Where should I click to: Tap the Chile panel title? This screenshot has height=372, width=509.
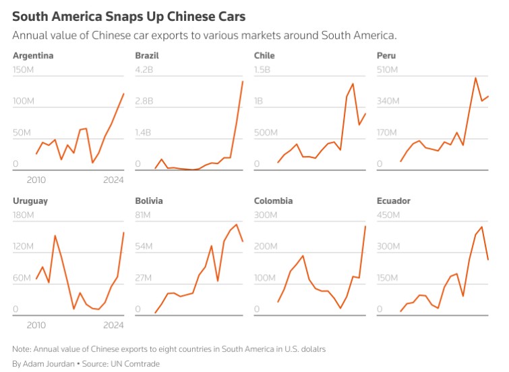pos(264,55)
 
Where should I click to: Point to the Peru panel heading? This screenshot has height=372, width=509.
pos(386,55)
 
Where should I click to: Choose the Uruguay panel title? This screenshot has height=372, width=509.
pos(30,201)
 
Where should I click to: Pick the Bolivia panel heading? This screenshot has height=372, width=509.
pos(149,201)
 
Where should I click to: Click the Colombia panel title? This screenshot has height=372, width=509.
pos(273,201)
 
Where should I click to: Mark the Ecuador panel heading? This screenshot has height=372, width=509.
pos(394,201)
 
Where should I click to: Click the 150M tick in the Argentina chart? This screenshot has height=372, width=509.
pos(24,70)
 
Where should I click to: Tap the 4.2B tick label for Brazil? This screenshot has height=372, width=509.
pos(144,70)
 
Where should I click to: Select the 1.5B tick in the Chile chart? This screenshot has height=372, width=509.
pos(262,70)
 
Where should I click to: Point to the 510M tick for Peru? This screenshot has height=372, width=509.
pos(388,70)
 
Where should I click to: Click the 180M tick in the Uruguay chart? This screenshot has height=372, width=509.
pos(24,215)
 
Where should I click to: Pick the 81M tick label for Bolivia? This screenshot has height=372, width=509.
pos(145,215)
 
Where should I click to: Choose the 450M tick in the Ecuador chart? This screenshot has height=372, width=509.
pos(388,215)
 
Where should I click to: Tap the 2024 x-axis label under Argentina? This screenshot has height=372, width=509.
pos(113,180)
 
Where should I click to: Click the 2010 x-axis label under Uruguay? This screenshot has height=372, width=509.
pos(36,325)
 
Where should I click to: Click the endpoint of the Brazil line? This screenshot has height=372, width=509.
pos(243,82)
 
